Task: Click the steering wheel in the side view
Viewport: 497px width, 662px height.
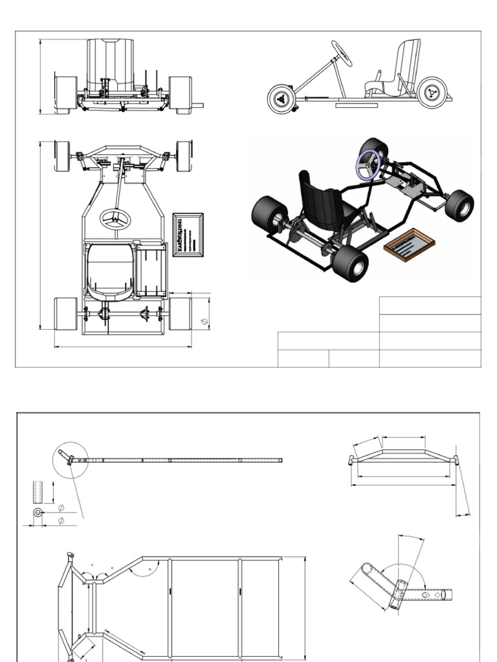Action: click(342, 54)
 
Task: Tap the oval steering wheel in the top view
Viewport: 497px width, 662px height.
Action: click(115, 219)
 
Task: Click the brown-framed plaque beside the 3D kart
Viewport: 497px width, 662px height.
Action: click(409, 244)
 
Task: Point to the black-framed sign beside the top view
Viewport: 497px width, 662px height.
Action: click(188, 235)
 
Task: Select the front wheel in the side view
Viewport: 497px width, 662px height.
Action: click(282, 99)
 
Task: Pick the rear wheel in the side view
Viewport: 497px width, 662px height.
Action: click(432, 92)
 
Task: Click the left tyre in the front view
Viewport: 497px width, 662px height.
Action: click(65, 94)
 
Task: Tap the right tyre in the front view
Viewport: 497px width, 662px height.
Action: click(180, 94)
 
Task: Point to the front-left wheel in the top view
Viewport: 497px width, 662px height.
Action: click(62, 156)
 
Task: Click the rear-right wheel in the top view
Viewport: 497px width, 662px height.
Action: click(180, 314)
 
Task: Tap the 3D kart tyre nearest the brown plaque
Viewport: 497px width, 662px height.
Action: click(350, 264)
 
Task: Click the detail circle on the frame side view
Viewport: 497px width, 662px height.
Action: click(70, 460)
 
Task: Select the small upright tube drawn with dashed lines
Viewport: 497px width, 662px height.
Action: click(38, 493)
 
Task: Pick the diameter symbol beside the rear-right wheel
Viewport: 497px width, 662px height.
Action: click(204, 321)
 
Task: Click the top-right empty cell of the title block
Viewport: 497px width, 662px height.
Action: click(430, 305)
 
